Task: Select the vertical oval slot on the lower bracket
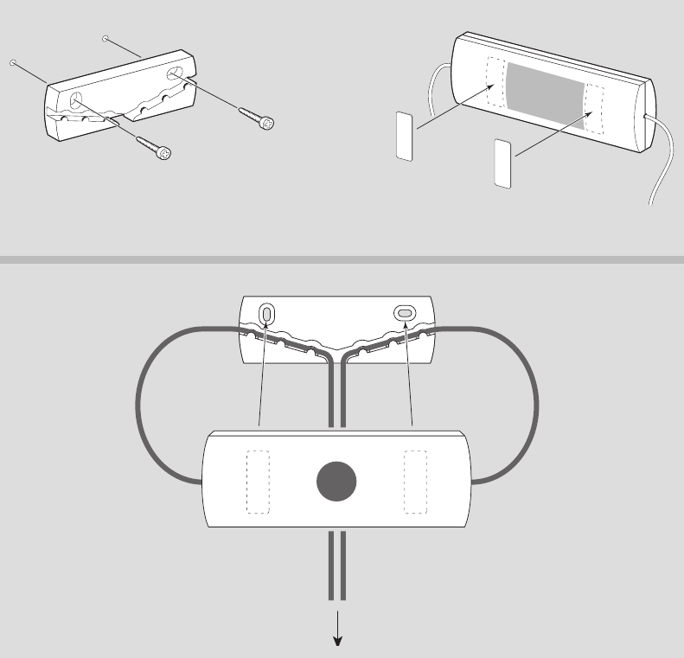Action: click(266, 312)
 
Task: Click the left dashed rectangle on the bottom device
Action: click(259, 482)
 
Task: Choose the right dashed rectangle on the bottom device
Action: click(416, 482)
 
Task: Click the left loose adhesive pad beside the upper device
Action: click(404, 136)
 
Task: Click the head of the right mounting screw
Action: click(269, 124)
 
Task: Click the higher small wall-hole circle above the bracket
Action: click(105, 38)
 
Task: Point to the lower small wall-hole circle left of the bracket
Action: click(14, 62)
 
